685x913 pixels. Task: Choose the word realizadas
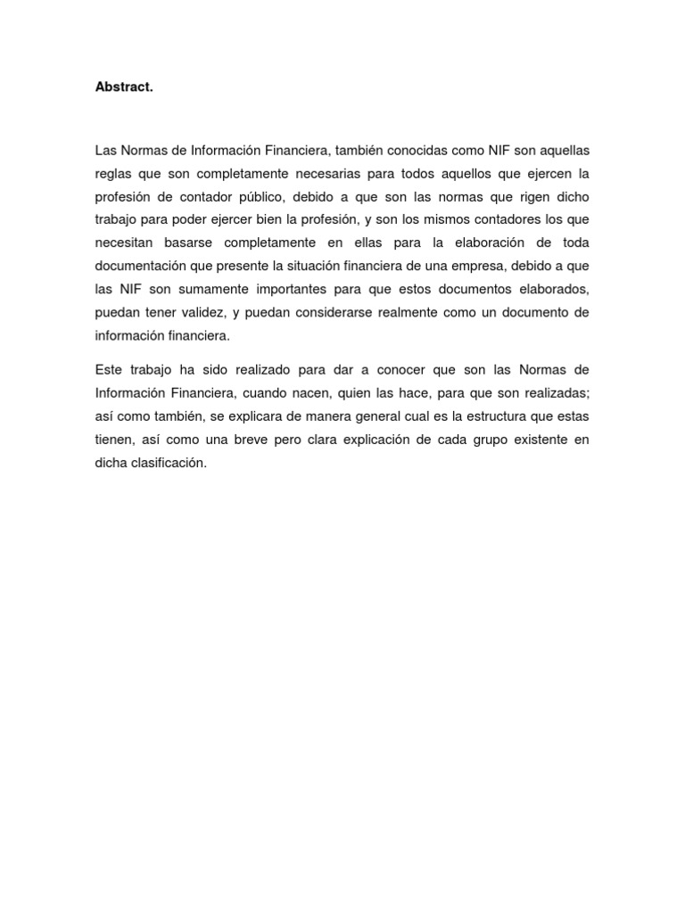[x=552, y=392]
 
